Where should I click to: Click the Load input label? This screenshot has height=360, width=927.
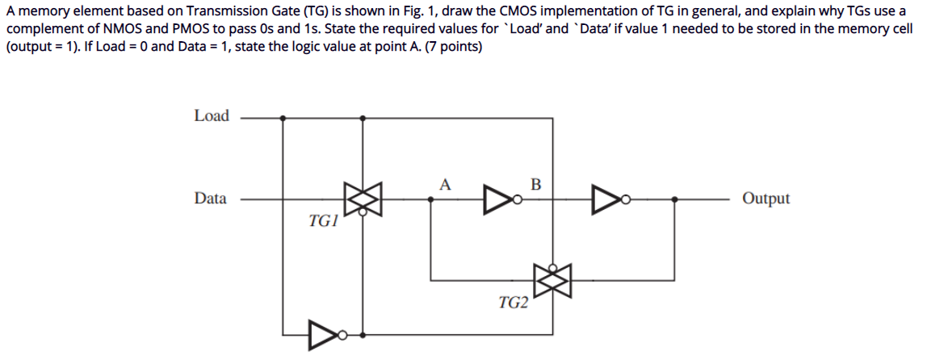point(212,116)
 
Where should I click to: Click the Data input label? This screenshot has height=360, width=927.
point(210,199)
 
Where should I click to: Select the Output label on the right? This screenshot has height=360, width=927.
point(766,199)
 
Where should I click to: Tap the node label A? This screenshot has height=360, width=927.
point(445,183)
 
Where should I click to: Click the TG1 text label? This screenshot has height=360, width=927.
point(323,220)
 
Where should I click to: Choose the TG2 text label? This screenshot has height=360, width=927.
point(514,303)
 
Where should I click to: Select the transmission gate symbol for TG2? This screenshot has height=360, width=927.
point(552,280)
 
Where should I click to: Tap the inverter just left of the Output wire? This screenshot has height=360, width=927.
point(608,199)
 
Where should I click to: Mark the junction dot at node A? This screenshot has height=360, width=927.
point(430,199)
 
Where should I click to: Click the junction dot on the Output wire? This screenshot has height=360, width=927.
point(674,199)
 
